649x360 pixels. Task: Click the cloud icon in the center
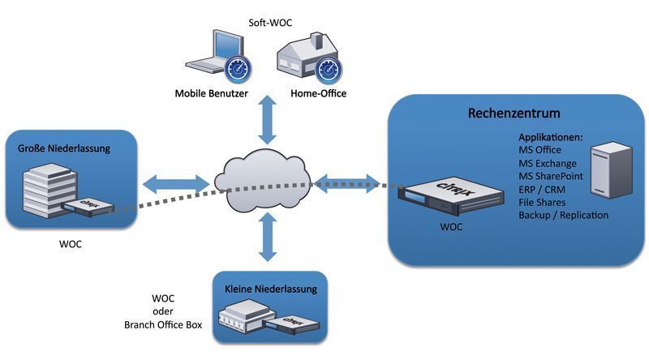coord(264,180)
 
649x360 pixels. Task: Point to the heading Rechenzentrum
coord(514,113)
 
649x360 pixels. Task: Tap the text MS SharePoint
coord(554,176)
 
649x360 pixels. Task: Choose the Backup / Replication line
coord(563,215)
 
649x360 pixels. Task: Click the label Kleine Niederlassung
coord(270,289)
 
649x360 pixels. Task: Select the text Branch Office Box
coord(162,325)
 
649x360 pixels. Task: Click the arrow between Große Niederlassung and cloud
coord(177,181)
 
